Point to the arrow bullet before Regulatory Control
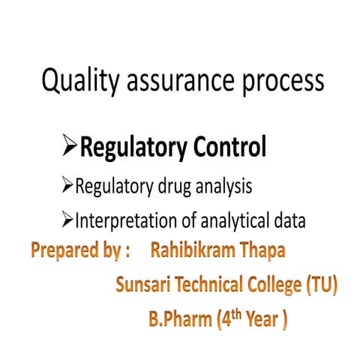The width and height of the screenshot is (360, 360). coord(71,148)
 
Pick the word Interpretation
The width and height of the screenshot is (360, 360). coord(125,222)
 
